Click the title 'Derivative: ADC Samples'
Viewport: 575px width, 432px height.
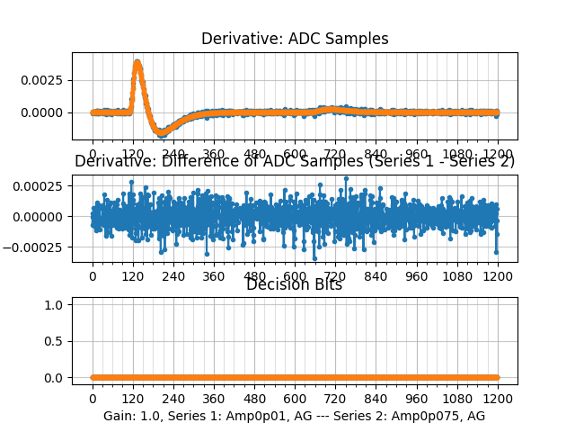tap(295, 39)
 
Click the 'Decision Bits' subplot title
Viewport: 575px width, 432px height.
tap(295, 285)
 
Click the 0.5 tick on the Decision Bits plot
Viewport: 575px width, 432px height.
tap(56, 341)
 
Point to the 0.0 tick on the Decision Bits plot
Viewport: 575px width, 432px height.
tap(56, 377)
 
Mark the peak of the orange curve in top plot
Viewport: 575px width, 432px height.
tap(137, 63)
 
